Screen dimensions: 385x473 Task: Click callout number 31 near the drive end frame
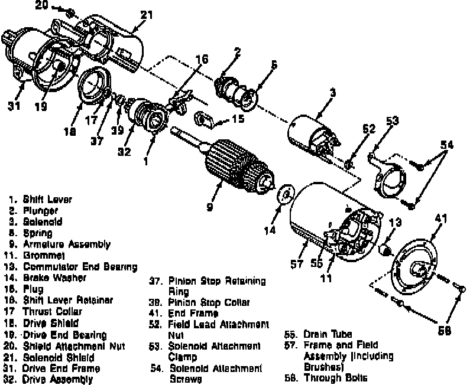[13, 106]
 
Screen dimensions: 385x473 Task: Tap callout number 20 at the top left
[40, 5]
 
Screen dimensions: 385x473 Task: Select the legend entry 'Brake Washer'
[55, 278]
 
